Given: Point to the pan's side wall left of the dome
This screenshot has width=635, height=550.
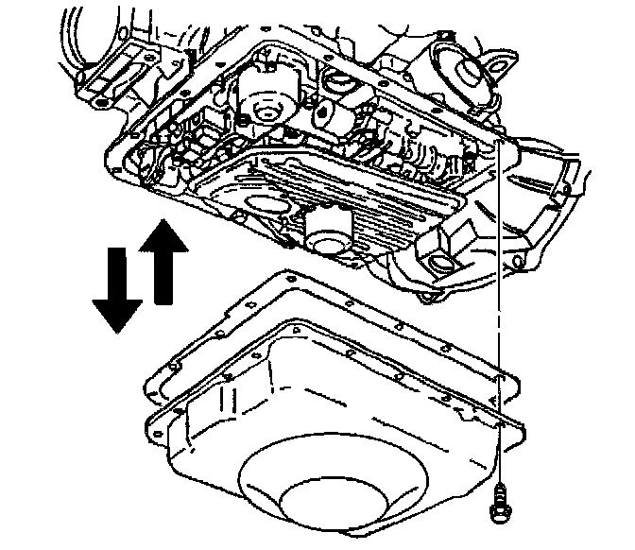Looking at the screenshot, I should click(203, 435).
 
